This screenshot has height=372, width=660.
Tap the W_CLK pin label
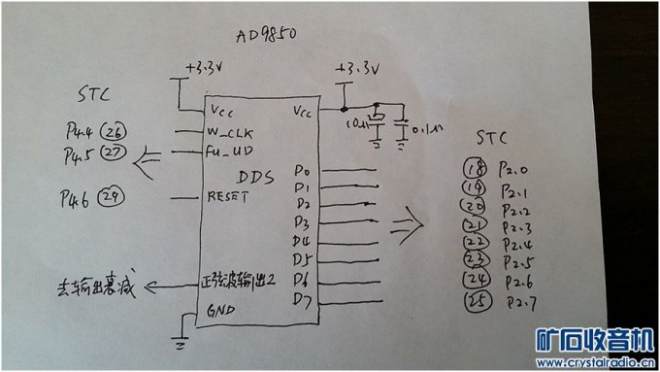click(230, 133)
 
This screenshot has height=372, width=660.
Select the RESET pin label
click(229, 197)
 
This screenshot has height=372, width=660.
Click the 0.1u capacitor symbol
click(402, 125)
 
